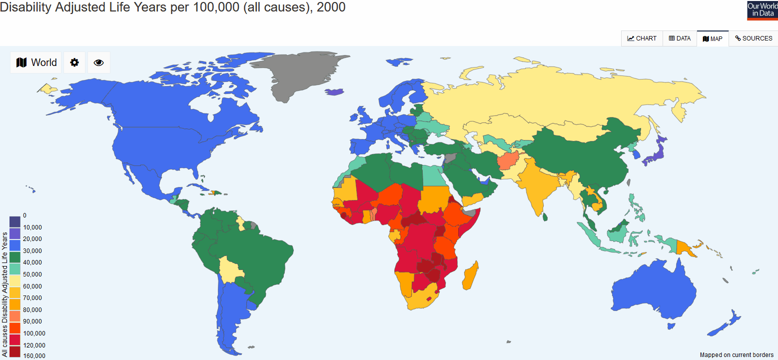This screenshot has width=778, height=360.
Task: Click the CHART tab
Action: (642, 38)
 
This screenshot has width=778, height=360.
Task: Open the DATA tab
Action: (680, 38)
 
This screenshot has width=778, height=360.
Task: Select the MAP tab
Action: (713, 38)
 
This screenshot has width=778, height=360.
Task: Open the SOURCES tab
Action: (754, 38)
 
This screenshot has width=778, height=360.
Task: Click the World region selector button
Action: (36, 62)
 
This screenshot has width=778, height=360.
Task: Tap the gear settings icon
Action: (74, 62)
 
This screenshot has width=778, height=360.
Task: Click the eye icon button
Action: (98, 62)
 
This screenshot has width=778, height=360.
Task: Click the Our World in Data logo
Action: (762, 10)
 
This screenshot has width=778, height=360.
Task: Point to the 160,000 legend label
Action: (34, 356)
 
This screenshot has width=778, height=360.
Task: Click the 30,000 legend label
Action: (32, 251)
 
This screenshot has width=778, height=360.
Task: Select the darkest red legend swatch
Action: (15, 351)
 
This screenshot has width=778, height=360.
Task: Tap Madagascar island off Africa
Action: (470, 278)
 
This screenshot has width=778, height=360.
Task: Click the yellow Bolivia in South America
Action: (231, 270)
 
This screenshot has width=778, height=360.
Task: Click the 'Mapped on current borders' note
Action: (737, 355)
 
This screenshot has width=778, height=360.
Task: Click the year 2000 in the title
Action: (331, 7)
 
